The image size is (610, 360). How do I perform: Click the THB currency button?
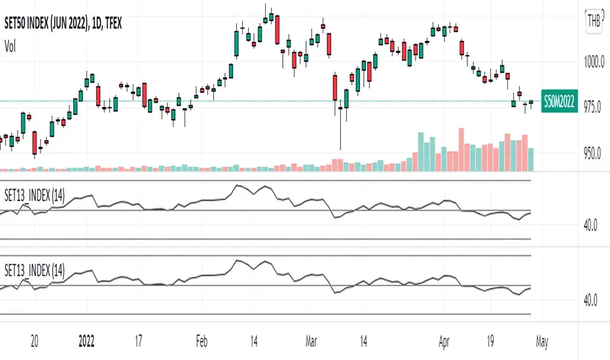(x=594, y=20)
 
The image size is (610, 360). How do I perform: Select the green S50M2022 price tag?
(x=560, y=101)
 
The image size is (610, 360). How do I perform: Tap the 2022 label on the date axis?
(x=86, y=341)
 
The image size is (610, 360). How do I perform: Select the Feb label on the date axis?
(x=201, y=341)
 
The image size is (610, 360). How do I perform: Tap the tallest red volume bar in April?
(x=461, y=150)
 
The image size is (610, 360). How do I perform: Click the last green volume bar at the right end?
(x=531, y=160)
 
